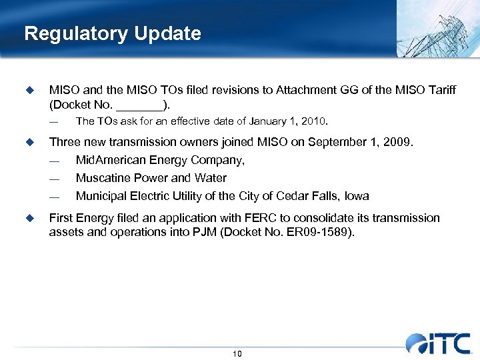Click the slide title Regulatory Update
pyautogui.click(x=112, y=33)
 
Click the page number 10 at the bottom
pyautogui.click(x=237, y=353)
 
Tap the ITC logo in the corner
pyautogui.click(x=438, y=342)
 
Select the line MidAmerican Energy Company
pyautogui.click(x=160, y=160)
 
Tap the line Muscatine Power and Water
pyautogui.click(x=151, y=178)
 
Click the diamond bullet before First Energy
pyautogui.click(x=29, y=218)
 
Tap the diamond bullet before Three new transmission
pyautogui.click(x=29, y=142)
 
